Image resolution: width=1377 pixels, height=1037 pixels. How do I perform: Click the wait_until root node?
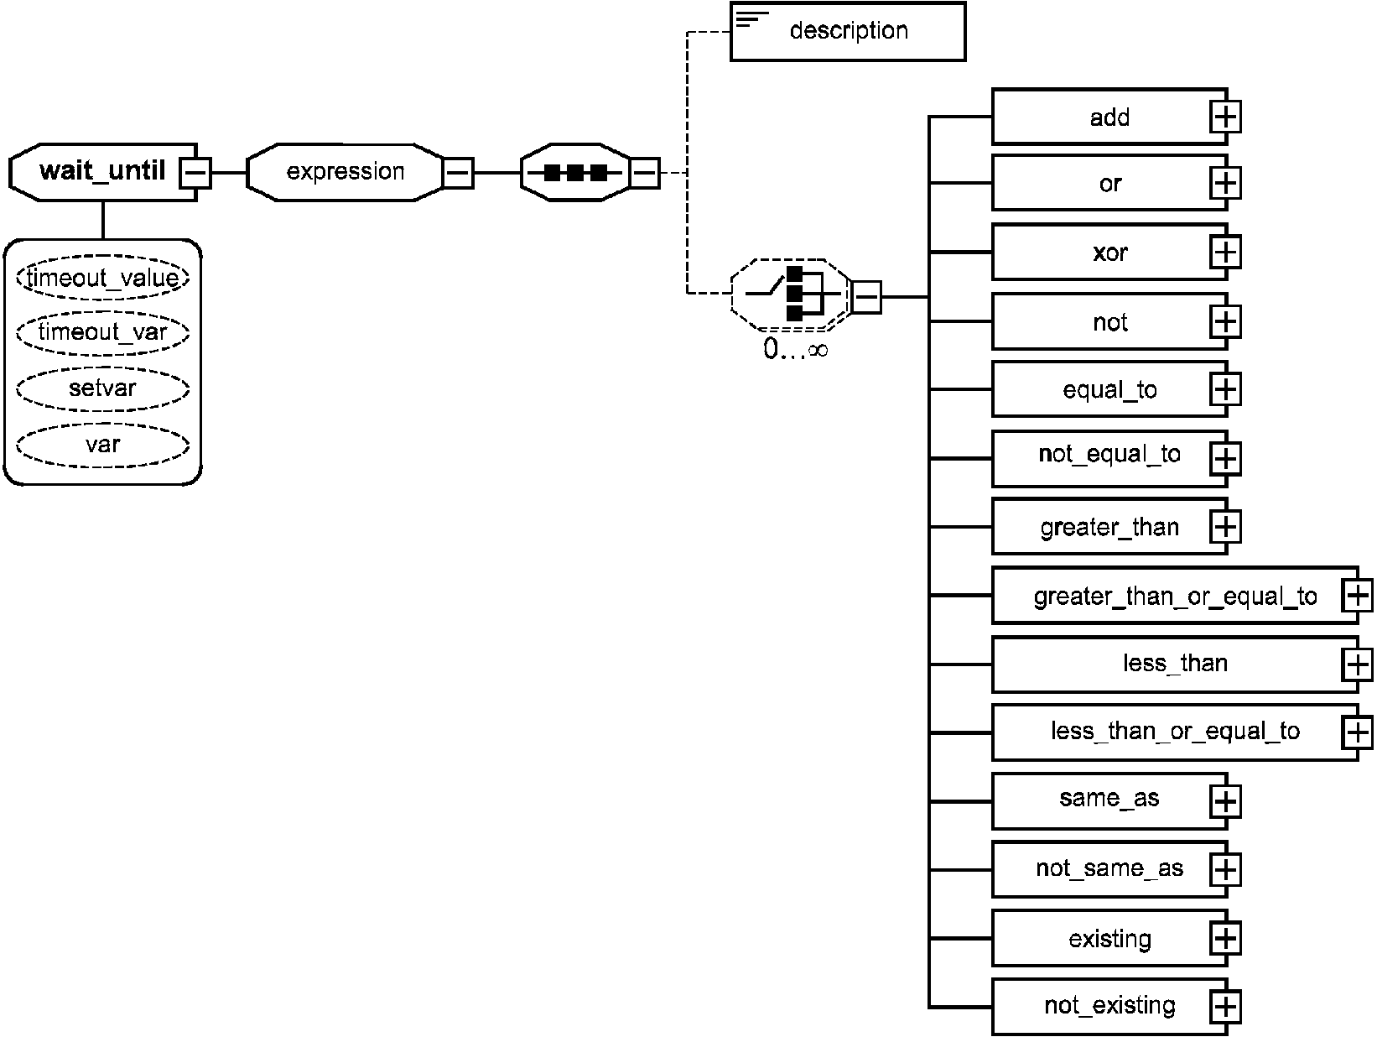coord(103,172)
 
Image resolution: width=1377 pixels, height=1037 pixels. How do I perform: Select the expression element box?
coord(345,172)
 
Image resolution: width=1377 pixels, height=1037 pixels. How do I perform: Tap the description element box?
coord(848,31)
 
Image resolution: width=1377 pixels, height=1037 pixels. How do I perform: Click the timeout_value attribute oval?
coord(103,277)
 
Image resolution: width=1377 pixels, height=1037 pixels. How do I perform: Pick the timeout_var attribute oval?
coord(103,332)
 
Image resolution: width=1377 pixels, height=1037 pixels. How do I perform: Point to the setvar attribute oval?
coord(103,389)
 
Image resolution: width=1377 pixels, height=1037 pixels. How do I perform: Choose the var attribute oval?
coord(103,445)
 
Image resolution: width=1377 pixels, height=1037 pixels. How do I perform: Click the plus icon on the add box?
coord(1225,117)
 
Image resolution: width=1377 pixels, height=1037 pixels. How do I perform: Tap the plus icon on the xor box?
coord(1225,253)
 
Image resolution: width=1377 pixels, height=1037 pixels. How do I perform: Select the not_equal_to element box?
coord(1109,459)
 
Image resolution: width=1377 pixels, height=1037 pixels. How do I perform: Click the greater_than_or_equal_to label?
coord(1175,596)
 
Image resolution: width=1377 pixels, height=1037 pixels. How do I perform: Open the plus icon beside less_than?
coord(1357,664)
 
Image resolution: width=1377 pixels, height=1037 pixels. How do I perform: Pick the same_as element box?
coord(1109,801)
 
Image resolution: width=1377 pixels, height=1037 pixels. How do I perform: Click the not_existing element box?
coord(1109,1007)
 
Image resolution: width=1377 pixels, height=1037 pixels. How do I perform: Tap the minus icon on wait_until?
coord(195,172)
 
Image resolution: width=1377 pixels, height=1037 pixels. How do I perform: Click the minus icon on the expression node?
coord(458,173)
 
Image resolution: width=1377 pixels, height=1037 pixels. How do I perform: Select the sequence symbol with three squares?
coord(575,173)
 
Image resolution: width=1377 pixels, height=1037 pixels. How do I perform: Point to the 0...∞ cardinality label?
coord(796,349)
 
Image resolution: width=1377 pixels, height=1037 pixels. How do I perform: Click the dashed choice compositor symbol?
coord(791,294)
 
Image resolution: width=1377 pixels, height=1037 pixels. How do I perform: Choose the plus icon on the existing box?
coord(1225,939)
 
